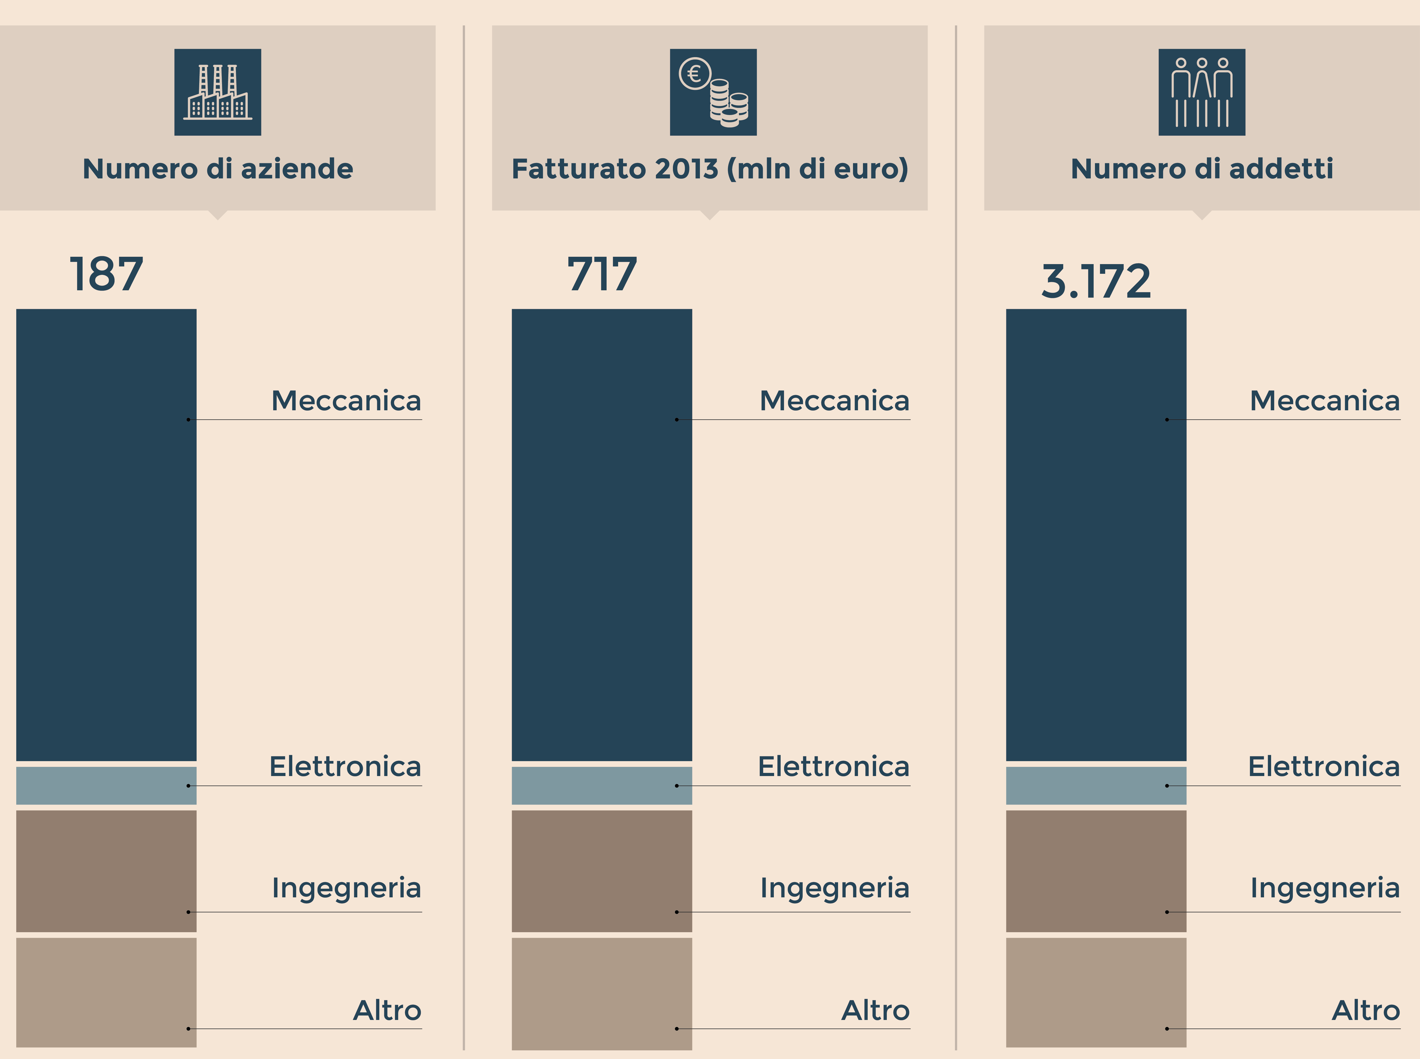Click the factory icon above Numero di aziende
coord(217,92)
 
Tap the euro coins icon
coord(713,92)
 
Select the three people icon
coord(1201,92)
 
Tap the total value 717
coord(602,274)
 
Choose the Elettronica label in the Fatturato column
coord(834,767)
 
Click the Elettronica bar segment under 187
coord(106,785)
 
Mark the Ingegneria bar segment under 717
coord(602,871)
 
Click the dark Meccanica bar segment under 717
coord(602,535)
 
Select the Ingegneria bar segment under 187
coord(106,871)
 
